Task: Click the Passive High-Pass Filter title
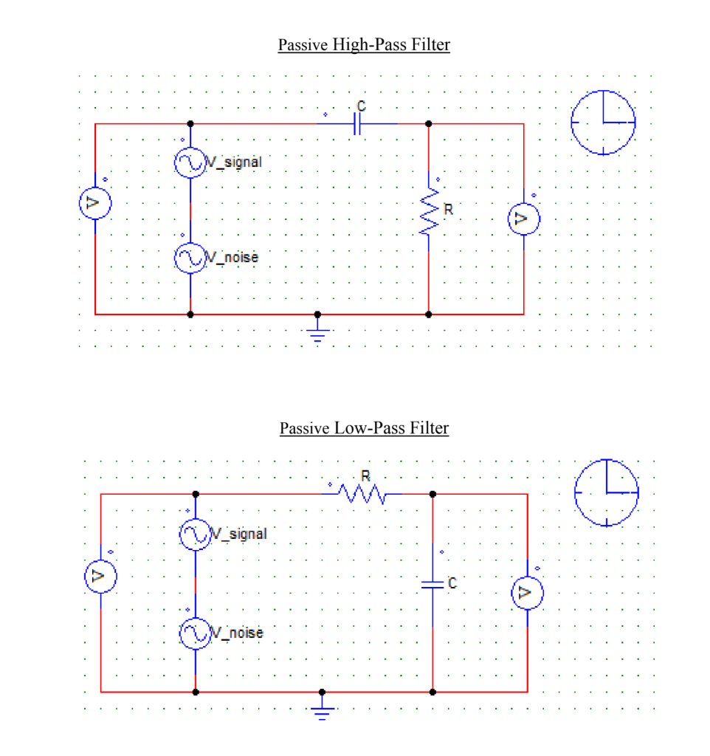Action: [x=364, y=45]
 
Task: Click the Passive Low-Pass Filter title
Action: [x=364, y=428]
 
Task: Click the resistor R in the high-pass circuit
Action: [x=429, y=211]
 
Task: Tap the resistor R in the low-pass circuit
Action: [x=362, y=494]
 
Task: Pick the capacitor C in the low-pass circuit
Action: [x=432, y=583]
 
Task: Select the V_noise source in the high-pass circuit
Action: [x=190, y=258]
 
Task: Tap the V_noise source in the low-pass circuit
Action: [x=196, y=633]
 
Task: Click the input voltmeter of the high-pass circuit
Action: [x=95, y=205]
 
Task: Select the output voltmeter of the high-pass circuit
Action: [x=523, y=219]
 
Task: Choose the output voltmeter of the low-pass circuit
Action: [x=528, y=592]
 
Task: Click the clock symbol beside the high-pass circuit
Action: [x=604, y=122]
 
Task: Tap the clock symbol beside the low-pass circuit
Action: [x=607, y=492]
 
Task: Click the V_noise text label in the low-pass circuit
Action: [x=238, y=633]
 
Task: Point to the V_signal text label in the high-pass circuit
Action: [x=234, y=162]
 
